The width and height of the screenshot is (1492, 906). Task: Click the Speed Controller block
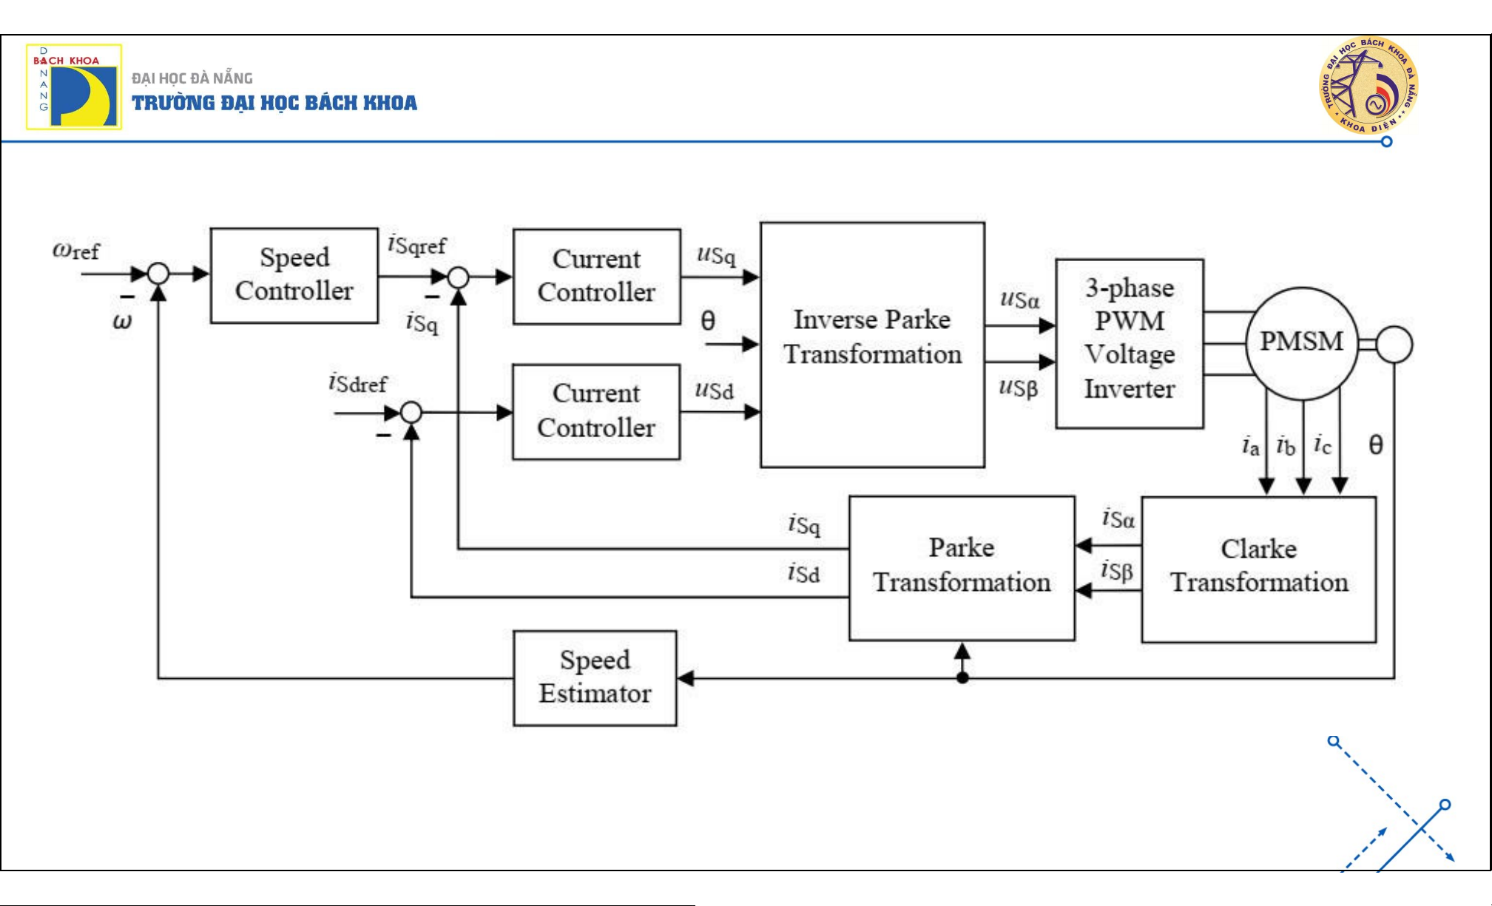(x=294, y=275)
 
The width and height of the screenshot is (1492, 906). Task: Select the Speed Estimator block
(x=595, y=677)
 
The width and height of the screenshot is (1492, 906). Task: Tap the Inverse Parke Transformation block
(x=872, y=345)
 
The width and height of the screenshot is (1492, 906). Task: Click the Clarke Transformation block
(x=1258, y=569)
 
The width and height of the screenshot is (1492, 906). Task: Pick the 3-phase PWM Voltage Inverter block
(x=1129, y=343)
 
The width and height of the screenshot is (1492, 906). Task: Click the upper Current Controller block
(x=596, y=277)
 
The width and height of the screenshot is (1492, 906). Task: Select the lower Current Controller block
(x=596, y=411)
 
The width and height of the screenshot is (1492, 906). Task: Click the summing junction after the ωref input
(x=158, y=274)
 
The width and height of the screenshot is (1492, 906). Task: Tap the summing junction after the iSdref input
(x=411, y=412)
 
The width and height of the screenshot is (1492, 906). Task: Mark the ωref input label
(x=75, y=251)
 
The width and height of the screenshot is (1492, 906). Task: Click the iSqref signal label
(x=417, y=244)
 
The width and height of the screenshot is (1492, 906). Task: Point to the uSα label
(x=1019, y=299)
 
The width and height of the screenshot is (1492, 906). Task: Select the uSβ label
(x=1019, y=387)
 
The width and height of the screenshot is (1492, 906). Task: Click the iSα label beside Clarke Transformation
(x=1118, y=518)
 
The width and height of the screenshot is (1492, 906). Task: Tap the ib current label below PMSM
(x=1286, y=446)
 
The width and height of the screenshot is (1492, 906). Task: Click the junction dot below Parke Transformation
(x=962, y=677)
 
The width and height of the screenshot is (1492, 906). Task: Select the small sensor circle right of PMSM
(x=1394, y=345)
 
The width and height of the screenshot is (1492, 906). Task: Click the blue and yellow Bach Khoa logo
(x=74, y=87)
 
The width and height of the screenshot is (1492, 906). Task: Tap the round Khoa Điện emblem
(x=1368, y=85)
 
